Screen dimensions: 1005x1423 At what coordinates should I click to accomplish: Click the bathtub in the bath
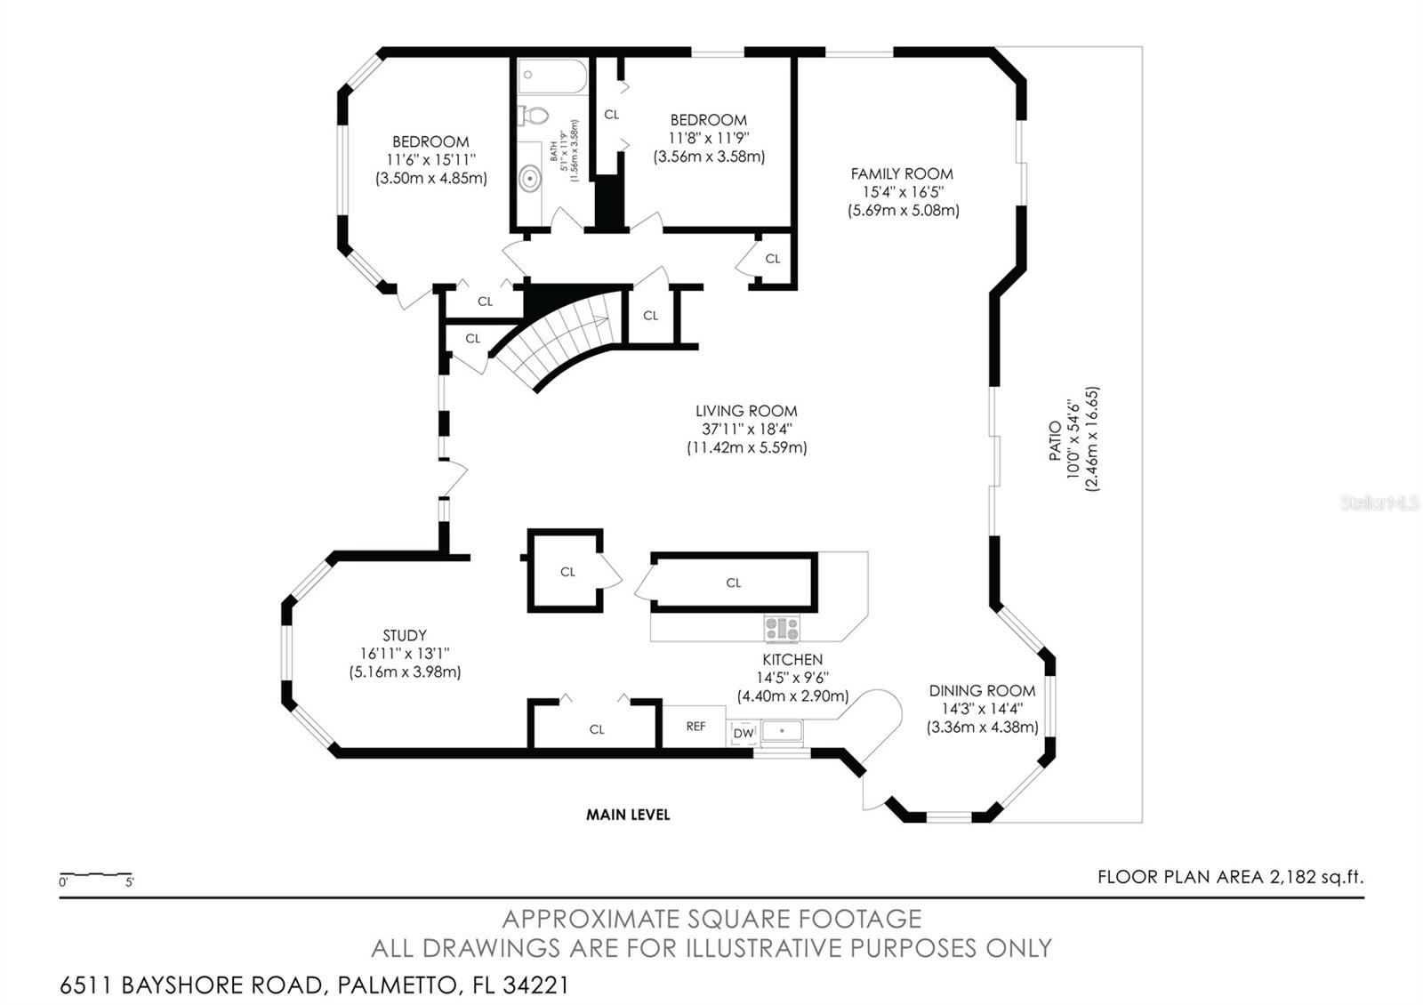point(552,76)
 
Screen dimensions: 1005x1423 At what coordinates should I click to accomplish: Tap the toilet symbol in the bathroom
point(533,115)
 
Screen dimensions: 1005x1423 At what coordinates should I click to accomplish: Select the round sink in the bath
point(530,179)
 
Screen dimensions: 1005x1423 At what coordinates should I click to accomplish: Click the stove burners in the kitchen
point(781,629)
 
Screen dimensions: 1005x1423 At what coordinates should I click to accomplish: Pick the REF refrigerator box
point(695,727)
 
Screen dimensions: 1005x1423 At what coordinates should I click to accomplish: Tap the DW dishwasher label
point(744,733)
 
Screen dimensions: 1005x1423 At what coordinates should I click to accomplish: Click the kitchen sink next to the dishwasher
point(781,731)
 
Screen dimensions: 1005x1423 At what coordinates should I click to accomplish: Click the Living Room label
point(746,411)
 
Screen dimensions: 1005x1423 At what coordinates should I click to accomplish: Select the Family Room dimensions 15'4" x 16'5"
point(902,192)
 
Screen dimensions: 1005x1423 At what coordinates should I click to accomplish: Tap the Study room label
point(405,635)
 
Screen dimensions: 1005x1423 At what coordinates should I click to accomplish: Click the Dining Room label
point(982,690)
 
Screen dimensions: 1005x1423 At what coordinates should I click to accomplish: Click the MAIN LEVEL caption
point(628,814)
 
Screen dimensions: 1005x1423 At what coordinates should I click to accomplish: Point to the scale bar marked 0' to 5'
point(96,878)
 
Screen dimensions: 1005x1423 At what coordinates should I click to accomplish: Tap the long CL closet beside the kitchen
point(733,583)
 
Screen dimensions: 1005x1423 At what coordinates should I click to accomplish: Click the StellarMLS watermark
point(1380,503)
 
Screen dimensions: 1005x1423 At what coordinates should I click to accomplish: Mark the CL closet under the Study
point(596,728)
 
